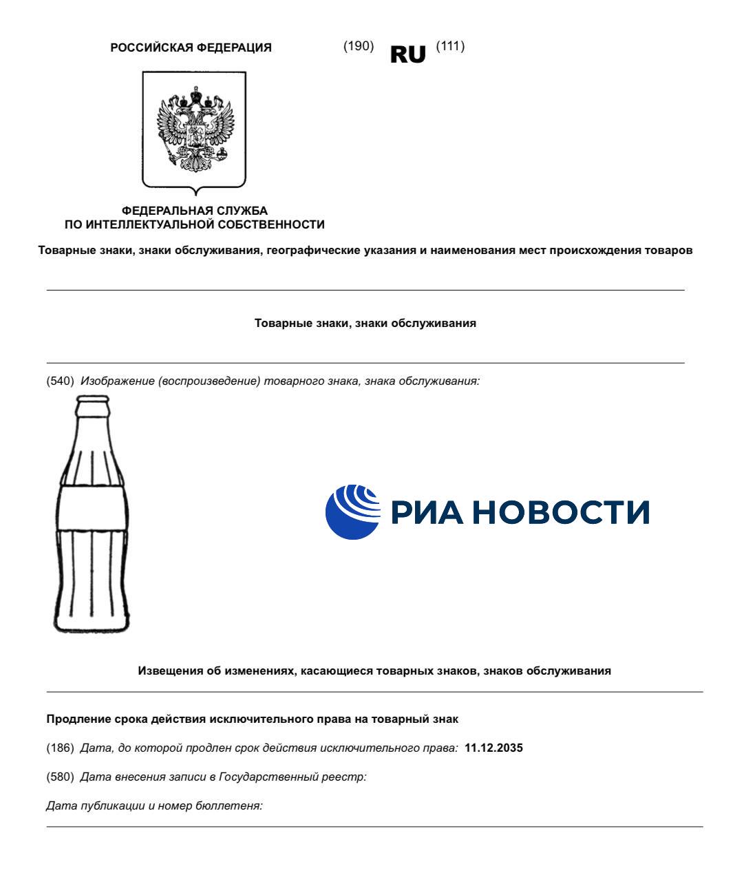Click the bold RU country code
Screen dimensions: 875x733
[407, 54]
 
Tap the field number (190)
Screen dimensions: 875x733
[358, 46]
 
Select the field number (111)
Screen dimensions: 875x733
[450, 46]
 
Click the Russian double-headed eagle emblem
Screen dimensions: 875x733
[194, 129]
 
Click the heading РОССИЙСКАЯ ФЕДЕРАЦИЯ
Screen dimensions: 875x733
[191, 48]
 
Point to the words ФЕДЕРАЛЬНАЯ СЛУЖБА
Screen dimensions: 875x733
[194, 211]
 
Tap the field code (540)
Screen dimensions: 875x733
[60, 381]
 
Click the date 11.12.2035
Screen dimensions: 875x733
[493, 748]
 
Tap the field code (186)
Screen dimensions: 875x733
[60, 748]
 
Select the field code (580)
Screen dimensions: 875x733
[60, 777]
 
